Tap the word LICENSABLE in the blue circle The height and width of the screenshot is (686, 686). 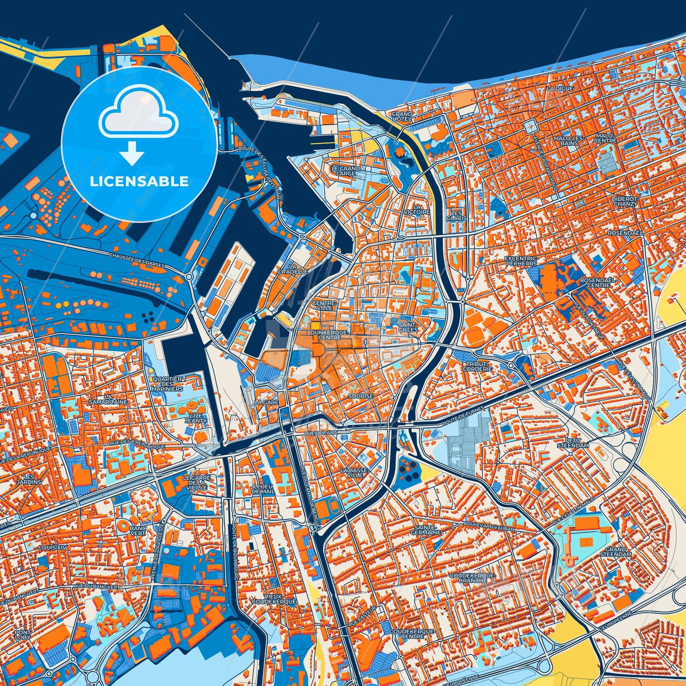point(139,182)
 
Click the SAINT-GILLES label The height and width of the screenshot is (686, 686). point(408,327)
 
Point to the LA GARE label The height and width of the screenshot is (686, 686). point(264,402)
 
